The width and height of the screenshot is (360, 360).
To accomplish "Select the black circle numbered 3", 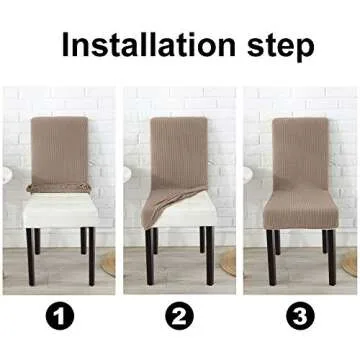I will pos(299,318).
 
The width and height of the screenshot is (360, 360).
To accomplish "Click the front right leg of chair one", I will pos(90,255).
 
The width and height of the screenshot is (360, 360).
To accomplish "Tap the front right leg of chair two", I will pos(211,255).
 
